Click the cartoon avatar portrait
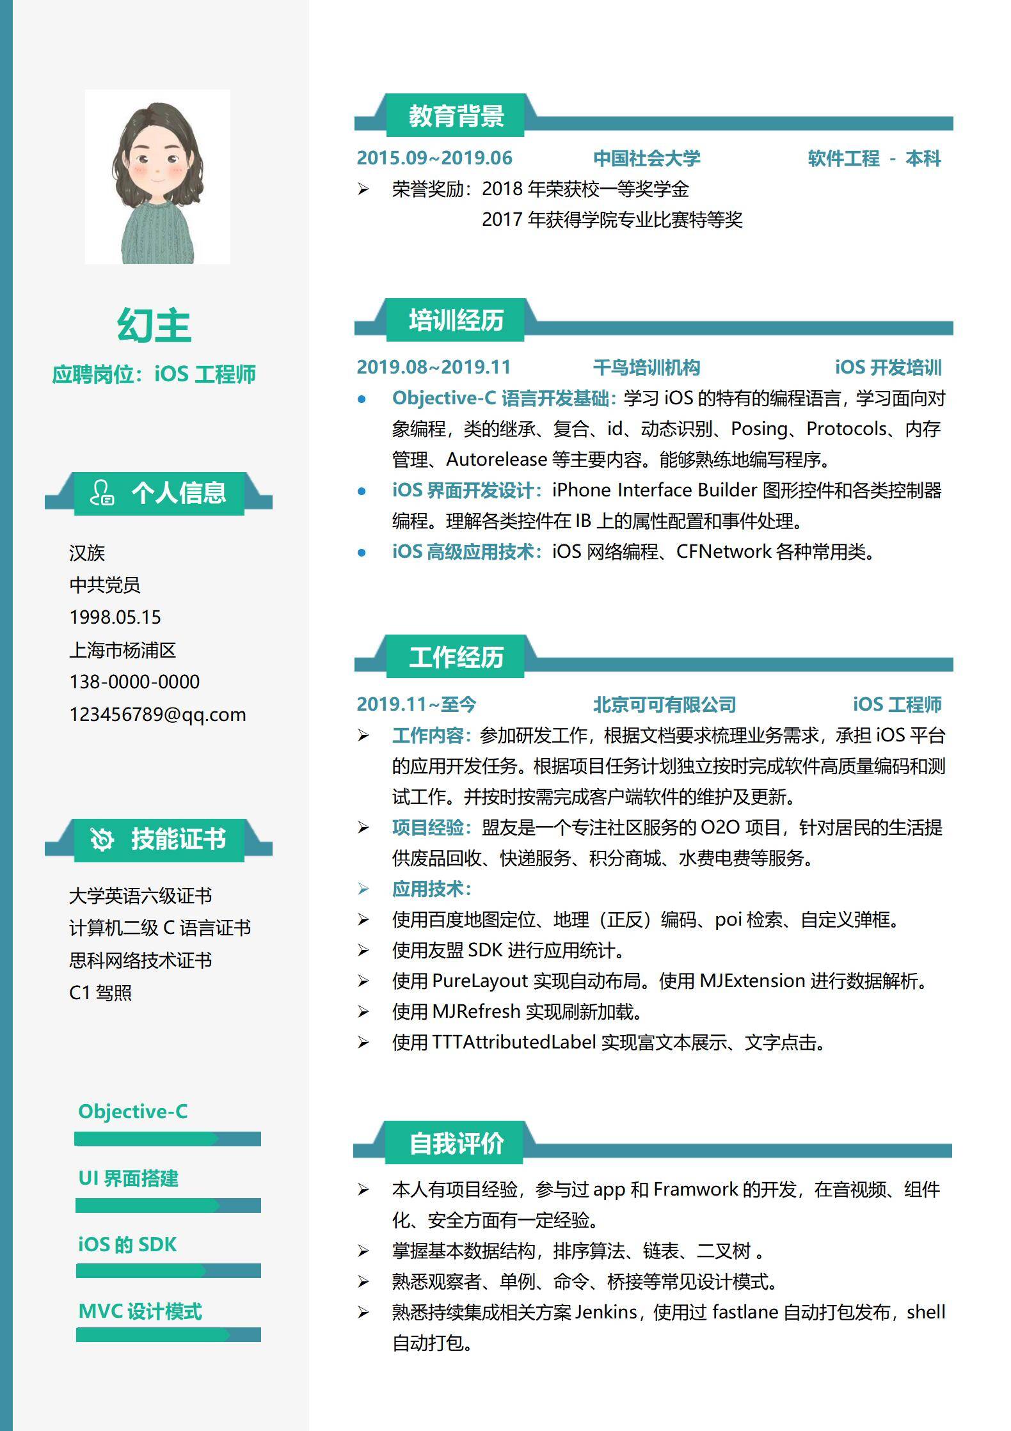(x=157, y=177)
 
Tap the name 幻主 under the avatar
(x=154, y=326)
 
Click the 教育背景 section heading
(x=456, y=116)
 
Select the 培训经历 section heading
(x=456, y=320)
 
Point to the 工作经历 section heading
(x=456, y=657)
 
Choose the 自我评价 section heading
(x=456, y=1143)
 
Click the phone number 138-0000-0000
(x=134, y=682)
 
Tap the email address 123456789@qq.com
(x=157, y=715)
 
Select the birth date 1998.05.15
(x=115, y=617)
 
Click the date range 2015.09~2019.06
(x=434, y=158)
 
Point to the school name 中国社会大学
(x=646, y=158)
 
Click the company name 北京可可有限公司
(x=664, y=704)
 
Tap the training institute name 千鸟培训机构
(x=646, y=367)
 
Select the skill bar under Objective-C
(x=168, y=1139)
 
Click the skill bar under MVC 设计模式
(x=168, y=1334)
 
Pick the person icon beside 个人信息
(x=102, y=493)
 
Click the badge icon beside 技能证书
(x=102, y=839)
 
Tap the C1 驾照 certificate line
(x=100, y=993)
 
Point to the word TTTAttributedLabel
(x=514, y=1042)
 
